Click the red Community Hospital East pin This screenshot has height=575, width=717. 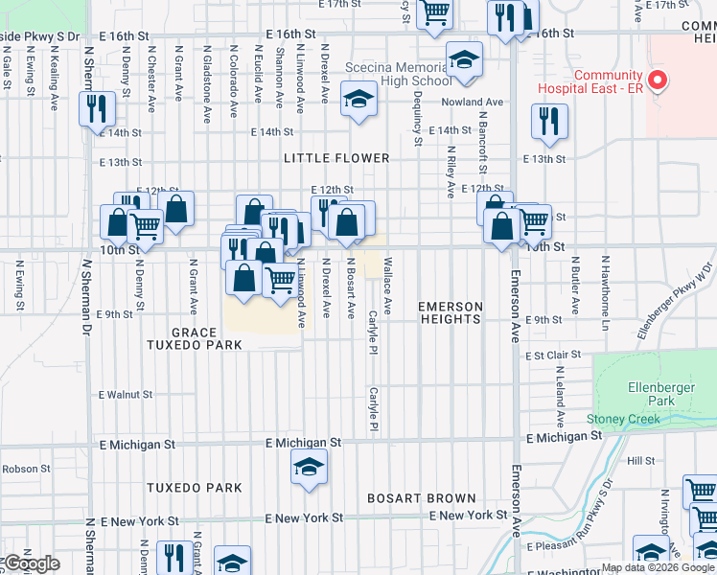(657, 80)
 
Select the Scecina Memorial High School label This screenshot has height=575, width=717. (395, 76)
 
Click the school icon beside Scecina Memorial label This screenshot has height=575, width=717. (464, 62)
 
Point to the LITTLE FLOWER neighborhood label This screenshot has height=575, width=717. (335, 158)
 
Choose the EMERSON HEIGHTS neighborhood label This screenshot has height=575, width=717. (450, 312)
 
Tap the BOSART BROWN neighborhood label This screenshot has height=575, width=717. (422, 498)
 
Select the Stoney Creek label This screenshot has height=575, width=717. (624, 419)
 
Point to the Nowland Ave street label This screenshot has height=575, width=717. (480, 102)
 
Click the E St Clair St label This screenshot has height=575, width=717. (554, 355)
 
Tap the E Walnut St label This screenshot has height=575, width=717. (126, 394)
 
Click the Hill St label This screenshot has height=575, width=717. (639, 461)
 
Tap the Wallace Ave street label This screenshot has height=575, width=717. (388, 286)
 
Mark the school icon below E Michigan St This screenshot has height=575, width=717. (309, 469)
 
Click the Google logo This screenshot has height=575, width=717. (31, 563)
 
